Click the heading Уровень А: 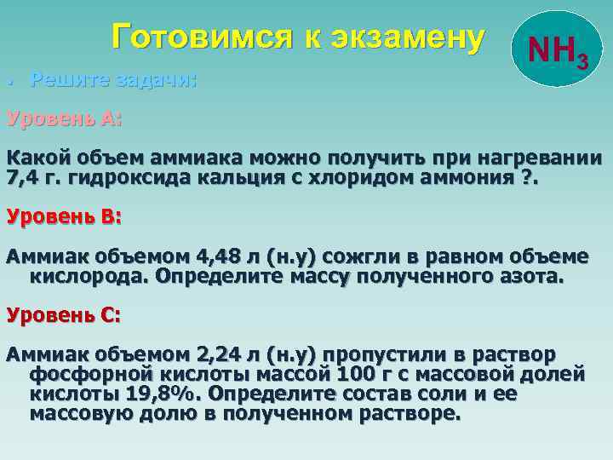pyautogui.click(x=65, y=119)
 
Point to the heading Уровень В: pyautogui.click(x=65, y=216)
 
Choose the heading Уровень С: pyautogui.click(x=65, y=314)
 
